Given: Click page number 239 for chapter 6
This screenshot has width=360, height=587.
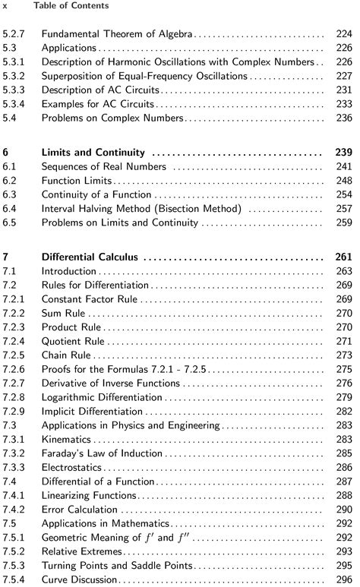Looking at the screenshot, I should click(344, 152).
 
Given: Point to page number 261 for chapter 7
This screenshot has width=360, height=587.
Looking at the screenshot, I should click(344, 257).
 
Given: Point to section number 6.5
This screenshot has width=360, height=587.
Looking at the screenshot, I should click(11, 223).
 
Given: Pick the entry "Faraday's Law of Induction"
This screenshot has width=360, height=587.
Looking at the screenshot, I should click(102, 453).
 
